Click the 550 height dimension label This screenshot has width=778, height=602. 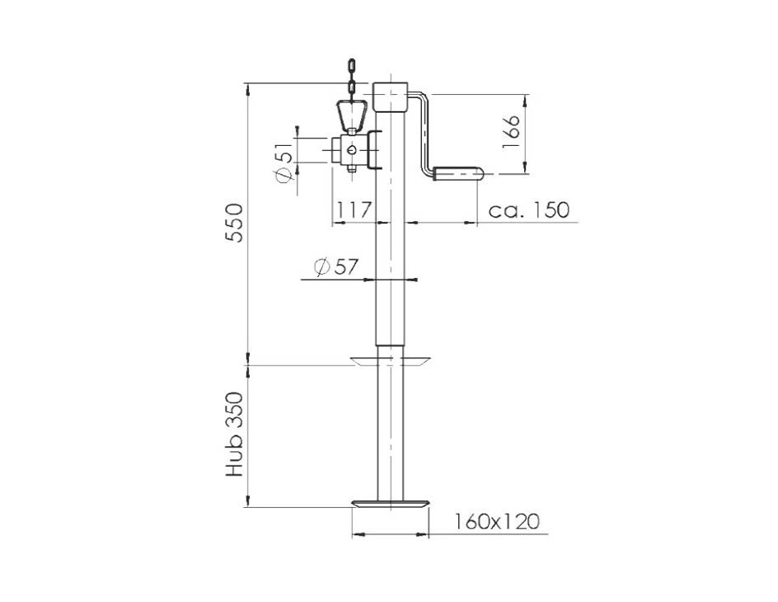pyautogui.click(x=235, y=223)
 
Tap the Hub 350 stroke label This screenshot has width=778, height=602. pyautogui.click(x=235, y=435)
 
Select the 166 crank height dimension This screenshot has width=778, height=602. pyautogui.click(x=510, y=131)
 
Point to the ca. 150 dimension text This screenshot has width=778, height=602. pyautogui.click(x=529, y=210)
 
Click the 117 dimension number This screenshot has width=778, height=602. pyautogui.click(x=354, y=210)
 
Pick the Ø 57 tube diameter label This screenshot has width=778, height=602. pyautogui.click(x=336, y=267)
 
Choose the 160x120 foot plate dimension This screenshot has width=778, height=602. pyautogui.click(x=497, y=522)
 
